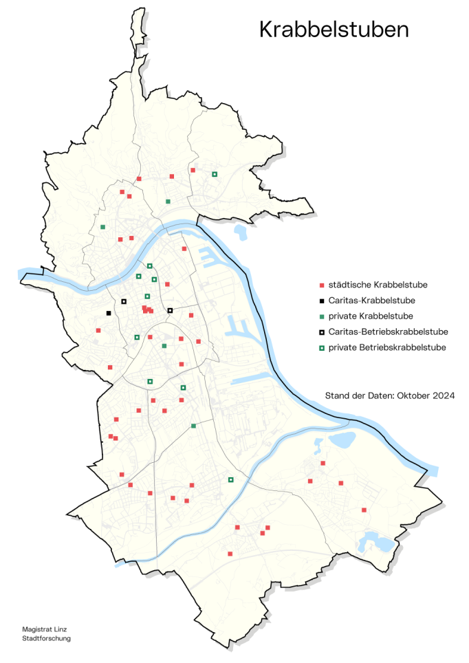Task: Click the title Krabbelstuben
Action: pos(334,30)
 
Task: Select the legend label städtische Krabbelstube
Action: pos(378,285)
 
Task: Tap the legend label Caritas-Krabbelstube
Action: pos(371,301)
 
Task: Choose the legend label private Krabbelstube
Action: pos(371,316)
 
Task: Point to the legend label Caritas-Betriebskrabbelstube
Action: pos(388,332)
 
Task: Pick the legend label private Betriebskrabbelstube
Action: pos(387,348)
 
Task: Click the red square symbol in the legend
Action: pos(321,285)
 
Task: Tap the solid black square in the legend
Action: pos(321,301)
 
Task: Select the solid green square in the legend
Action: pos(321,316)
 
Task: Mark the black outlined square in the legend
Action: pos(321,332)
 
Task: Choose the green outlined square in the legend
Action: pos(321,348)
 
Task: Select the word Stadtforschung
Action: pos(47,638)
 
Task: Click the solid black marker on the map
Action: pos(109,314)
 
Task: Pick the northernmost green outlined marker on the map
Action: pos(215,174)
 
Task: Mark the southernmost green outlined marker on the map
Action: pos(231,479)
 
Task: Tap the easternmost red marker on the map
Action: pos(364,510)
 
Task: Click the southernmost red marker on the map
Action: pos(230,554)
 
